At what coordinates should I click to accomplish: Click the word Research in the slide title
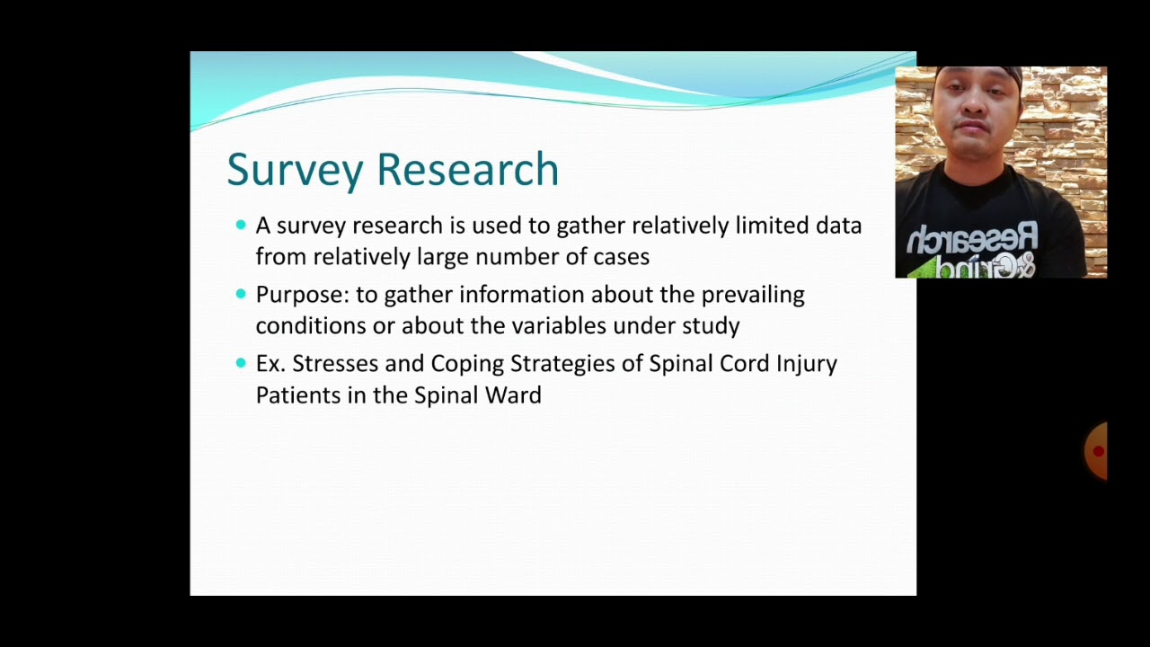(467, 169)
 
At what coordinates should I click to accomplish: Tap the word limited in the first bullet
(773, 225)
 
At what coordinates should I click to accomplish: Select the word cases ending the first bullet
(621, 257)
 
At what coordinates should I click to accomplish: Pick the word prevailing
(753, 295)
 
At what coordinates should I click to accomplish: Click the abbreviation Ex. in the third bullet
(270, 364)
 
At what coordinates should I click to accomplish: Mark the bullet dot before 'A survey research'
(241, 225)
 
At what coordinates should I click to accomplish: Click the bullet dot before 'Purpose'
(241, 294)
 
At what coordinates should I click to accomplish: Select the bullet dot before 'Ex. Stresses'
(241, 363)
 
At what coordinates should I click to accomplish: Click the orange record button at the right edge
(1097, 451)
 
